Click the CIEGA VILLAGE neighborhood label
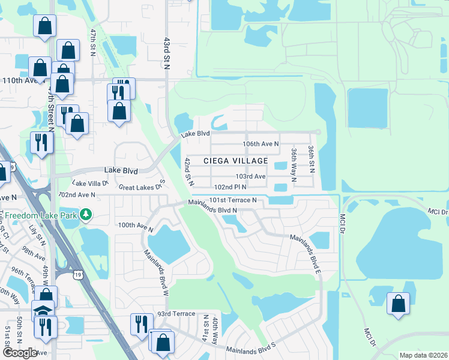click(x=235, y=161)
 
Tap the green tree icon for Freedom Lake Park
click(x=86, y=214)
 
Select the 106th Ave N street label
click(x=261, y=144)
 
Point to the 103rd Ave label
click(x=250, y=176)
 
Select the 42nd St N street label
click(x=188, y=171)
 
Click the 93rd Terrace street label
click(x=176, y=314)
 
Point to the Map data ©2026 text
click(x=423, y=355)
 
